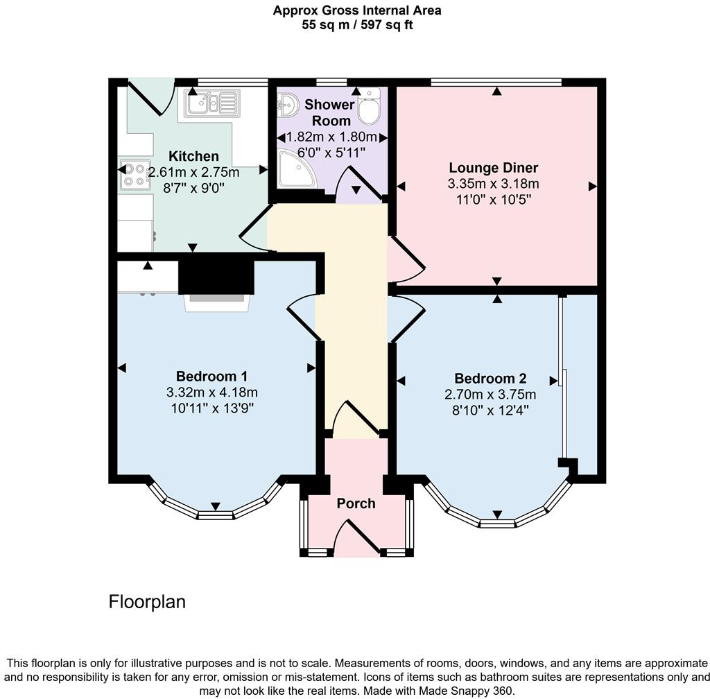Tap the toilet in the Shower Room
click(x=369, y=107)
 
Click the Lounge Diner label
click(x=493, y=168)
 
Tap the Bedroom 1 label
click(x=211, y=377)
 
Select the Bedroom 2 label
click(x=490, y=379)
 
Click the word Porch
click(x=356, y=503)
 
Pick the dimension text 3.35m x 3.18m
click(x=493, y=184)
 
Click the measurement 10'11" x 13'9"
click(x=211, y=408)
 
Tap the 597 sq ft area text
click(x=390, y=25)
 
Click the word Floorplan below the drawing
click(x=147, y=602)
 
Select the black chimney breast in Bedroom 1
click(x=216, y=275)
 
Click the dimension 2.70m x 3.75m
click(x=490, y=395)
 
